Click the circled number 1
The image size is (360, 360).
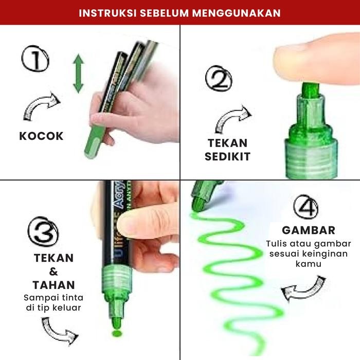point(35,60)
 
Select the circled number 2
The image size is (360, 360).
point(218,80)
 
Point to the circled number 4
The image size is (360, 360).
point(305,208)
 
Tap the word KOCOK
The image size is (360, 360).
point(42,136)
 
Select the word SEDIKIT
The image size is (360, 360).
point(229,157)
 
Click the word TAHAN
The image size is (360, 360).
point(54,285)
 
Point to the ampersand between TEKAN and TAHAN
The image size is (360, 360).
point(53,272)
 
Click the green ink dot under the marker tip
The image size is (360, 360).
point(117,335)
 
